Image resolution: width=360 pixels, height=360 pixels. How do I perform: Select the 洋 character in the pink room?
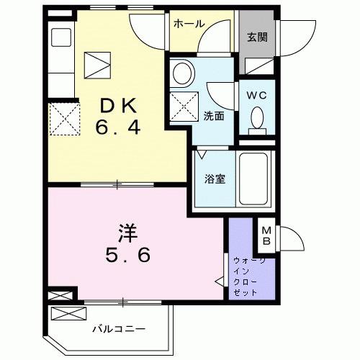pyautogui.click(x=128, y=233)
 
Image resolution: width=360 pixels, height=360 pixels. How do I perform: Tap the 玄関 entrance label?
pyautogui.click(x=258, y=37)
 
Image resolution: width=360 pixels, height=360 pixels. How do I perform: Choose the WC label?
pyautogui.click(x=257, y=94)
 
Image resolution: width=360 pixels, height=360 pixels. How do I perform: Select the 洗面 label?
pyautogui.click(x=212, y=115)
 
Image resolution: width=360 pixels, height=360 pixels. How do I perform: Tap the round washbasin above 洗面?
pyautogui.click(x=183, y=73)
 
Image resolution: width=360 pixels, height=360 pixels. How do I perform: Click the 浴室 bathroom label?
pyautogui.click(x=215, y=179)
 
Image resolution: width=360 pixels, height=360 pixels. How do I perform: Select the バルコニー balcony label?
pyautogui.click(x=118, y=329)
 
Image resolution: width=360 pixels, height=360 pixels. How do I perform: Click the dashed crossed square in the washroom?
pyautogui.click(x=184, y=106)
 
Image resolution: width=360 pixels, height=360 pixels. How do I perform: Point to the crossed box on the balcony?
pyautogui.click(x=69, y=312)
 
